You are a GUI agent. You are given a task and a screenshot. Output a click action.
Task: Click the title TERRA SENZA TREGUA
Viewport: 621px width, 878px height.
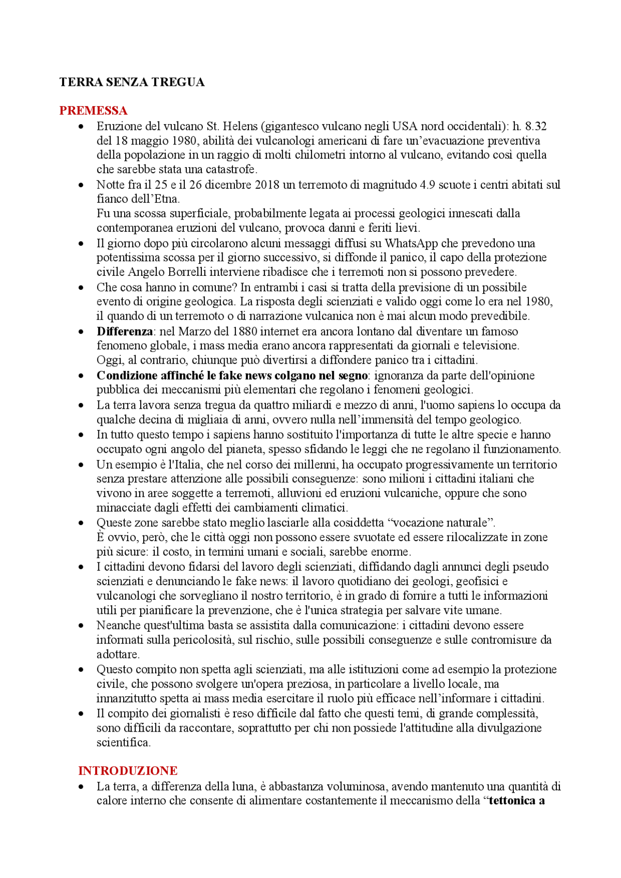click(131, 82)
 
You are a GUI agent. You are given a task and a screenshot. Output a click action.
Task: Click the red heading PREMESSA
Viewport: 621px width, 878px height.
click(93, 111)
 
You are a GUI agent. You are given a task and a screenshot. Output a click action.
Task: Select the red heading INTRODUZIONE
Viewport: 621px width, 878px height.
click(128, 770)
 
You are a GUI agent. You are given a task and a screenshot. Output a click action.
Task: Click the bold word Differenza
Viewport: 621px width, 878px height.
click(125, 332)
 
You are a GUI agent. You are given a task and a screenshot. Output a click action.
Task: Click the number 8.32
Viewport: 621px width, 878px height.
click(536, 127)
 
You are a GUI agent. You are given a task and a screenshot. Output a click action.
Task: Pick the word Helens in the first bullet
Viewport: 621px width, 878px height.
click(239, 127)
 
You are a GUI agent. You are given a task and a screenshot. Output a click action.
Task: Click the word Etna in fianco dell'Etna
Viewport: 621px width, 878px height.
click(167, 199)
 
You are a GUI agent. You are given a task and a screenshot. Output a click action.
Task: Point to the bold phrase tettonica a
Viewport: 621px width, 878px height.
click(517, 800)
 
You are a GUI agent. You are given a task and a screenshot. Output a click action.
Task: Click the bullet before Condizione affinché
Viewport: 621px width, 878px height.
click(81, 376)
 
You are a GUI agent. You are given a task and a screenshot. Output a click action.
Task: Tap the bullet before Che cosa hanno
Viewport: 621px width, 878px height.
click(81, 287)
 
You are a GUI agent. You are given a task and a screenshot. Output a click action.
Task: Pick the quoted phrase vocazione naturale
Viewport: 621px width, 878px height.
click(439, 523)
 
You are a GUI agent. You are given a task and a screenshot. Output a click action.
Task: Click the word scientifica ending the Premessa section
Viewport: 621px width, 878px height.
click(123, 742)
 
